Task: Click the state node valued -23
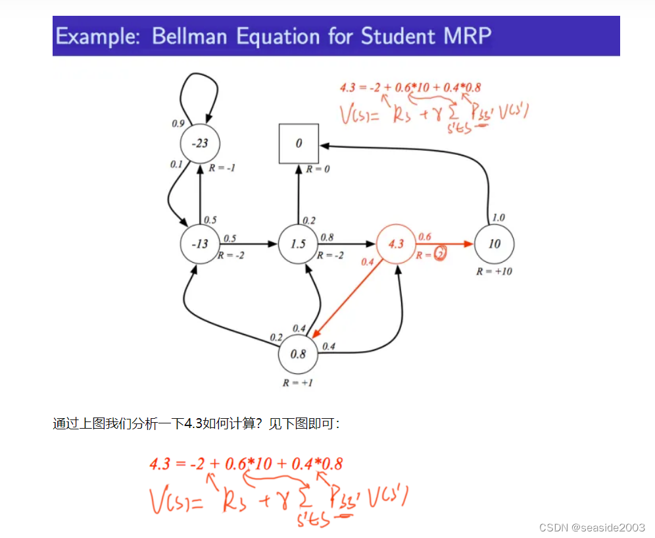coord(199,143)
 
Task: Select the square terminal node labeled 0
coord(299,143)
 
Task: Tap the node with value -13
coord(199,244)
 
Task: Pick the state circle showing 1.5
coord(298,244)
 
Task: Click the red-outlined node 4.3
coord(396,244)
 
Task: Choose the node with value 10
coord(494,244)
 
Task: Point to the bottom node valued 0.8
coord(298,354)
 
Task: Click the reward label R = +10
coord(494,271)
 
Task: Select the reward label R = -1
coord(222,169)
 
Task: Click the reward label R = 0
coord(318,169)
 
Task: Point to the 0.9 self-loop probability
coord(178,123)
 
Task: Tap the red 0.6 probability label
coord(424,236)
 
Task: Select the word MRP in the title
coord(466,36)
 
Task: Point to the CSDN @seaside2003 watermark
coord(592,527)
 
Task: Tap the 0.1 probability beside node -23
coord(176,165)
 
